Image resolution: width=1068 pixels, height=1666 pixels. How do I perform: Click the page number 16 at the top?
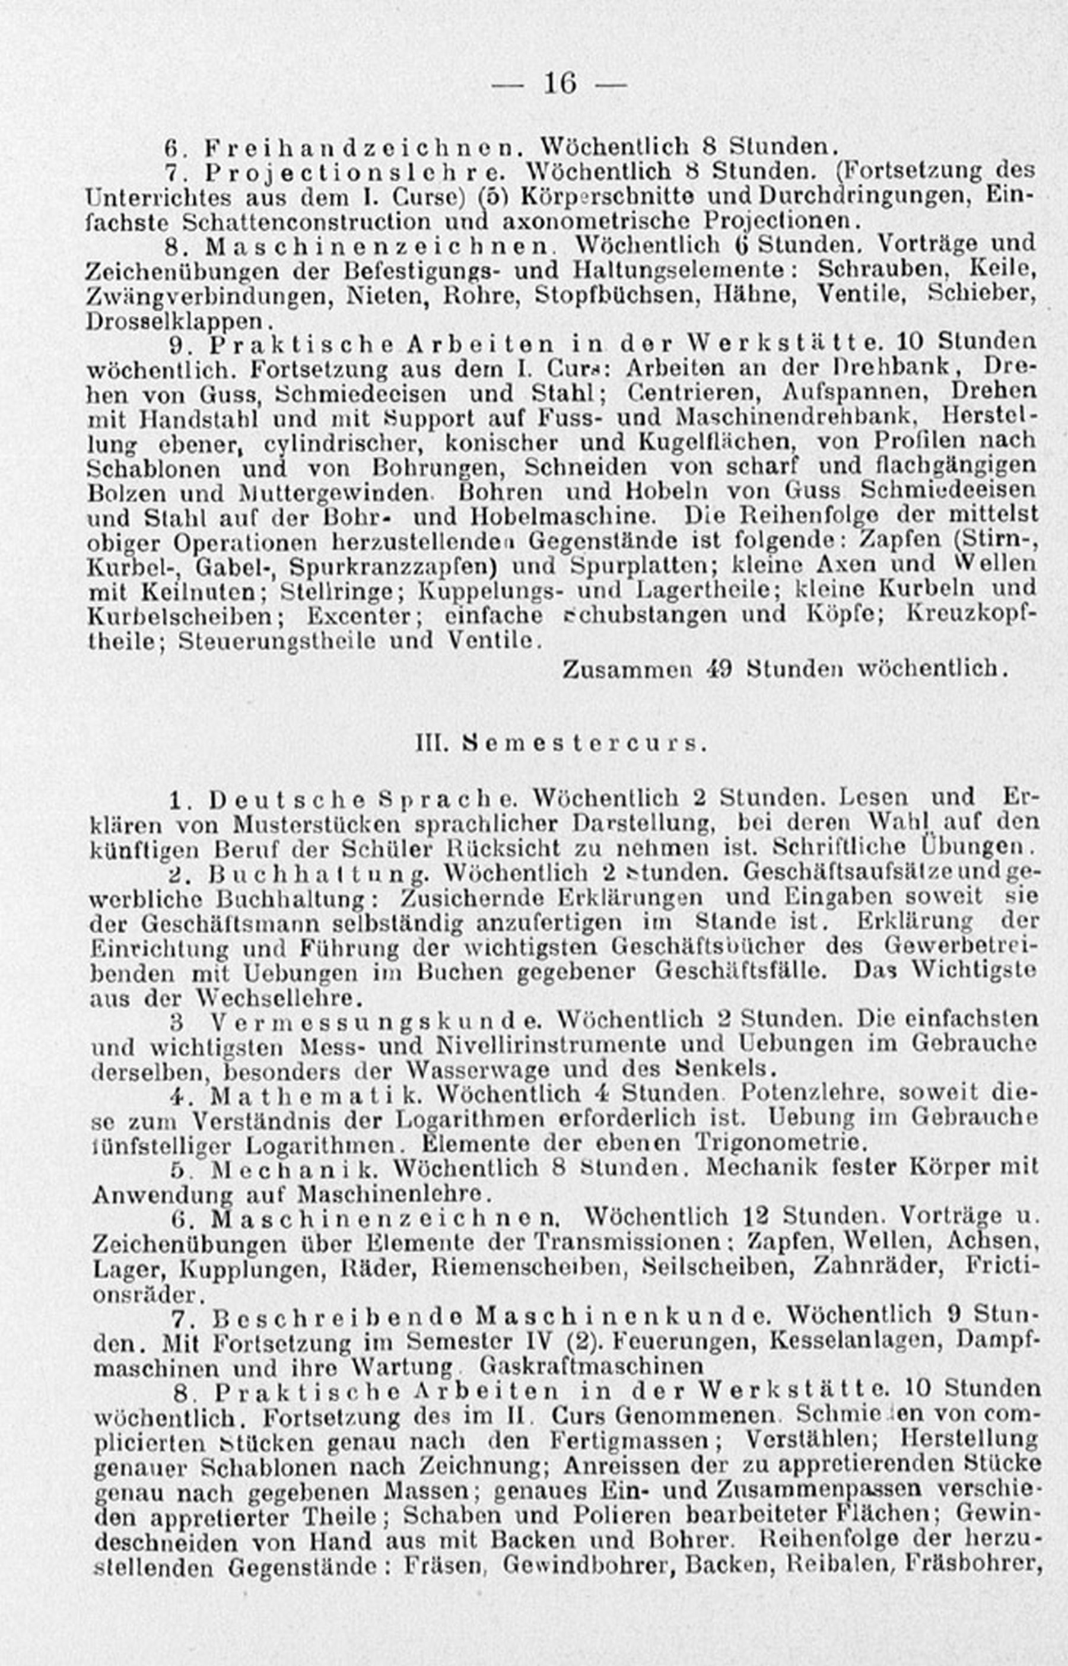[x=560, y=84]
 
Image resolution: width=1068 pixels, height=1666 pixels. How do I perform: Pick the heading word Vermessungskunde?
[x=376, y=1020]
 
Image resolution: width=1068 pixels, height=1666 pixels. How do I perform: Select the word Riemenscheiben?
[x=529, y=1267]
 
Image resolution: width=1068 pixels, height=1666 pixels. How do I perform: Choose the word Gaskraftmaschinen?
[x=591, y=1366]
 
